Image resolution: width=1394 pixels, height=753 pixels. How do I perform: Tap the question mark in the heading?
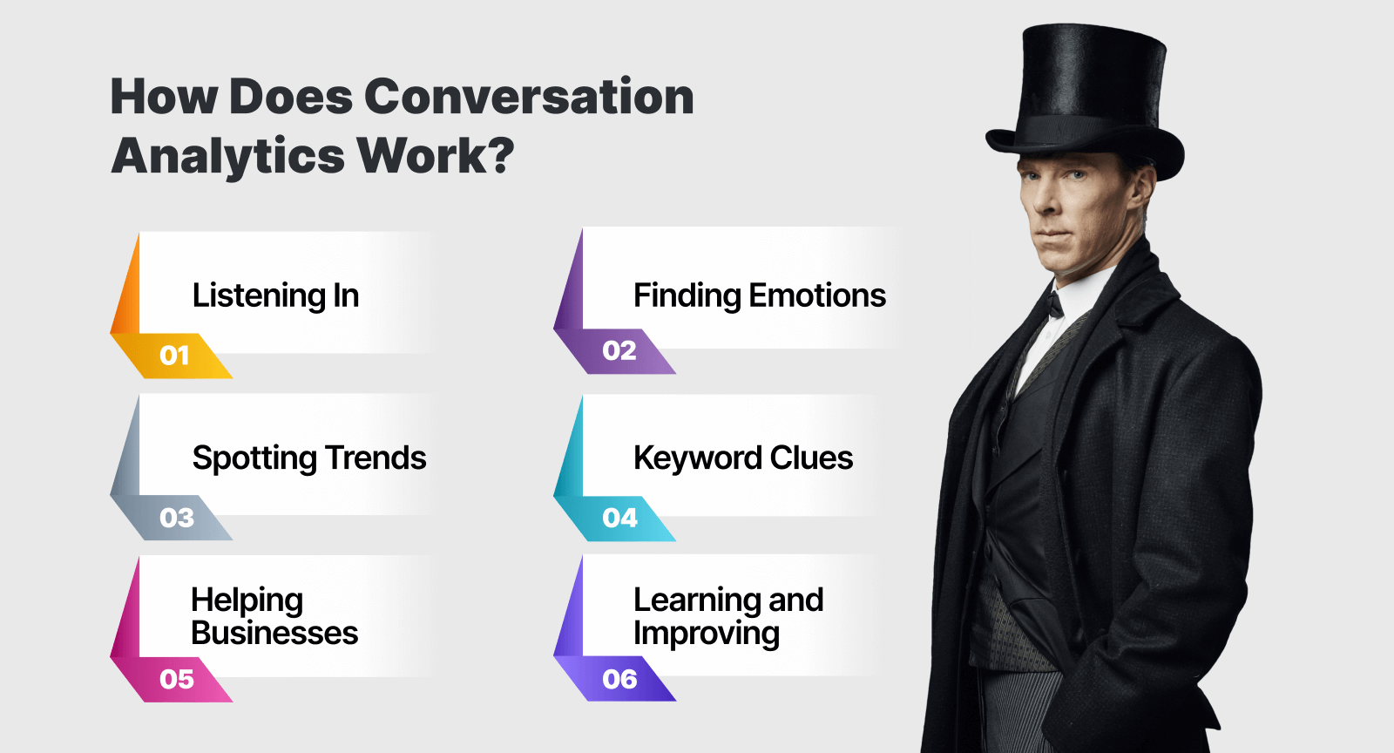(497, 155)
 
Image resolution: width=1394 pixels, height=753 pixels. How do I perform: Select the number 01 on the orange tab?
(174, 356)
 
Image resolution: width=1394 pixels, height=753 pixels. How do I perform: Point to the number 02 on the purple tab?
(619, 350)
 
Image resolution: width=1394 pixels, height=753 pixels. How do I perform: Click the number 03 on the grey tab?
(177, 518)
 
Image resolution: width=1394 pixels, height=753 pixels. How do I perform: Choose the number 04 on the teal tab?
(619, 518)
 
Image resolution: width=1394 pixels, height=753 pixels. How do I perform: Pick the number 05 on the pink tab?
(177, 679)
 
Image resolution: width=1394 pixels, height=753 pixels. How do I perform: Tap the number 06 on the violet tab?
(619, 679)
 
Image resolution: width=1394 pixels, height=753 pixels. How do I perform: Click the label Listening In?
(275, 295)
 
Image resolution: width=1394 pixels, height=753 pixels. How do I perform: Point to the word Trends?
(376, 458)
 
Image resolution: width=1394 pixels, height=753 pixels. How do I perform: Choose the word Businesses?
(274, 633)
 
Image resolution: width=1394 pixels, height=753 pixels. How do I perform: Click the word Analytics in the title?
(228, 157)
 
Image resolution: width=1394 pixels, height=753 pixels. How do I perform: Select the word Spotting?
(254, 458)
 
